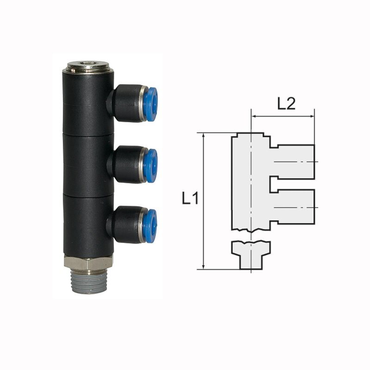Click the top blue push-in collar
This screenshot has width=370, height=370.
[x=150, y=105]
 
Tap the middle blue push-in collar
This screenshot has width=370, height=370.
[x=150, y=166]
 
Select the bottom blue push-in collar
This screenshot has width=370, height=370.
[x=150, y=226]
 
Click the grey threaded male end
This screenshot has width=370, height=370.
[x=89, y=282]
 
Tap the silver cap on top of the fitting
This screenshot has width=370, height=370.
[x=88, y=67]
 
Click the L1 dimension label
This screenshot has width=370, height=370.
[x=190, y=198]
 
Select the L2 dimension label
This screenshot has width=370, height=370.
[x=286, y=104]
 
